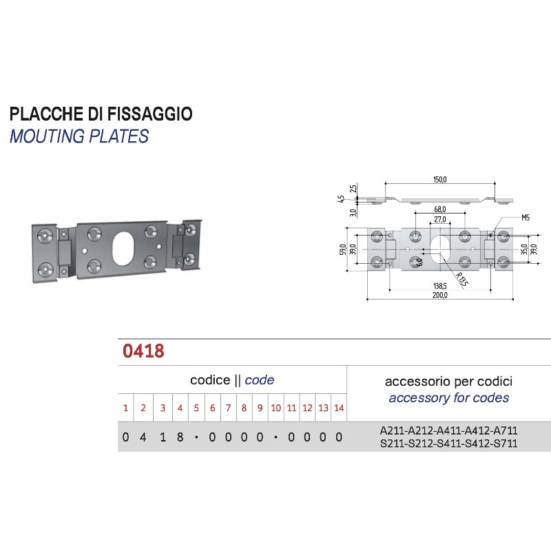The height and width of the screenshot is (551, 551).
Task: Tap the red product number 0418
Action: pyautogui.click(x=143, y=351)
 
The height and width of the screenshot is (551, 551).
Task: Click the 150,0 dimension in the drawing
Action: pyautogui.click(x=440, y=180)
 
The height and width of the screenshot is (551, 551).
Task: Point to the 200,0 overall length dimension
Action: pyautogui.click(x=440, y=295)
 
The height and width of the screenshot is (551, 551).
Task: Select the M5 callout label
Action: pyautogui.click(x=525, y=218)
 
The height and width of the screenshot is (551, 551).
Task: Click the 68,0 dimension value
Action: pyautogui.click(x=440, y=209)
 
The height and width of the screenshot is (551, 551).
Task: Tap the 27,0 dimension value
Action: pyautogui.click(x=439, y=220)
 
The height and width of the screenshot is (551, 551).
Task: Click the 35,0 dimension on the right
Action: pyautogui.click(x=523, y=249)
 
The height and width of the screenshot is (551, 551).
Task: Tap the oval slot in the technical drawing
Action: pyautogui.click(x=439, y=248)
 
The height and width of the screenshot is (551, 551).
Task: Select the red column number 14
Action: pyautogui.click(x=339, y=408)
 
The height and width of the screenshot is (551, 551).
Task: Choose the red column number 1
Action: pyautogui.click(x=125, y=408)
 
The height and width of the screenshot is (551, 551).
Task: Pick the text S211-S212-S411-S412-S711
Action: pyautogui.click(x=448, y=444)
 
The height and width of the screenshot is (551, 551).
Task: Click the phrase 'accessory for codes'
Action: pyautogui.click(x=448, y=397)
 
